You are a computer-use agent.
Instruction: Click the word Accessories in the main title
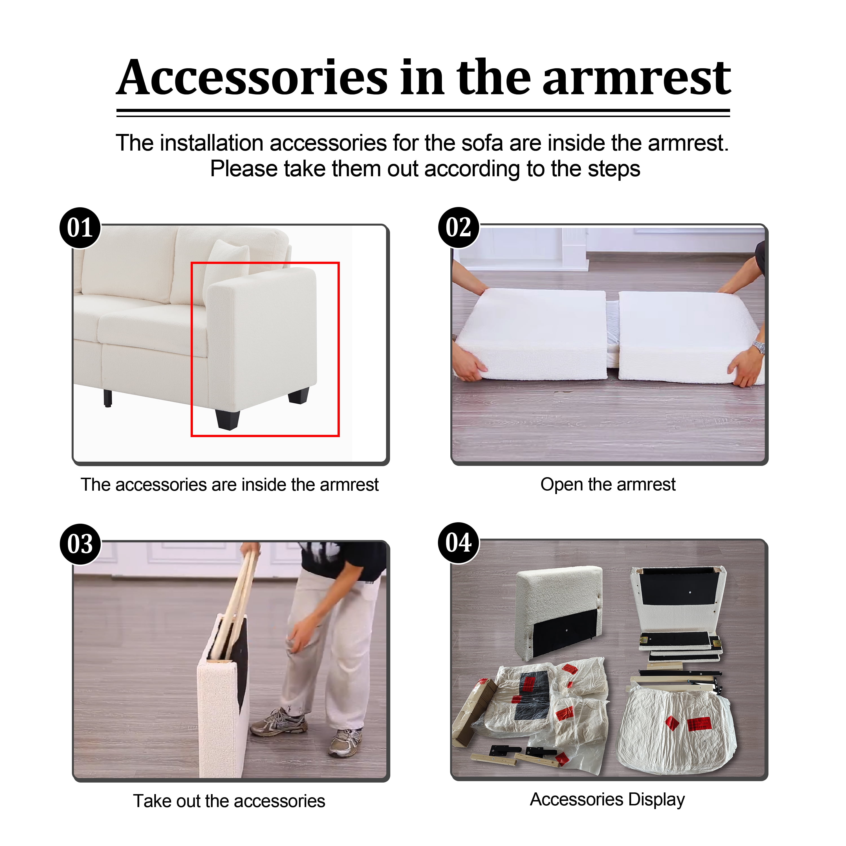252,78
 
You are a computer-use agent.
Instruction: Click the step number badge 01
80,228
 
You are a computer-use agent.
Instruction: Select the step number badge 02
459,228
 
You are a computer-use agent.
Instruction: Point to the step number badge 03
80,544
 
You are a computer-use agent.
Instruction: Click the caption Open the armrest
608,484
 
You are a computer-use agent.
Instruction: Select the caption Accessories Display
607,799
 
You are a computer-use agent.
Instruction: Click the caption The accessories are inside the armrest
230,484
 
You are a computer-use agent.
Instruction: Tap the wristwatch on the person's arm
758,347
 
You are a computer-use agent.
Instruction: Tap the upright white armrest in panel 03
223,696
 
